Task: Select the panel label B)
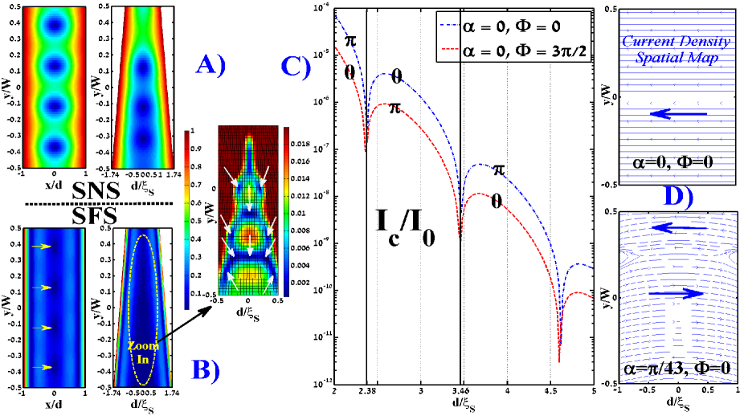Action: tap(209, 368)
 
